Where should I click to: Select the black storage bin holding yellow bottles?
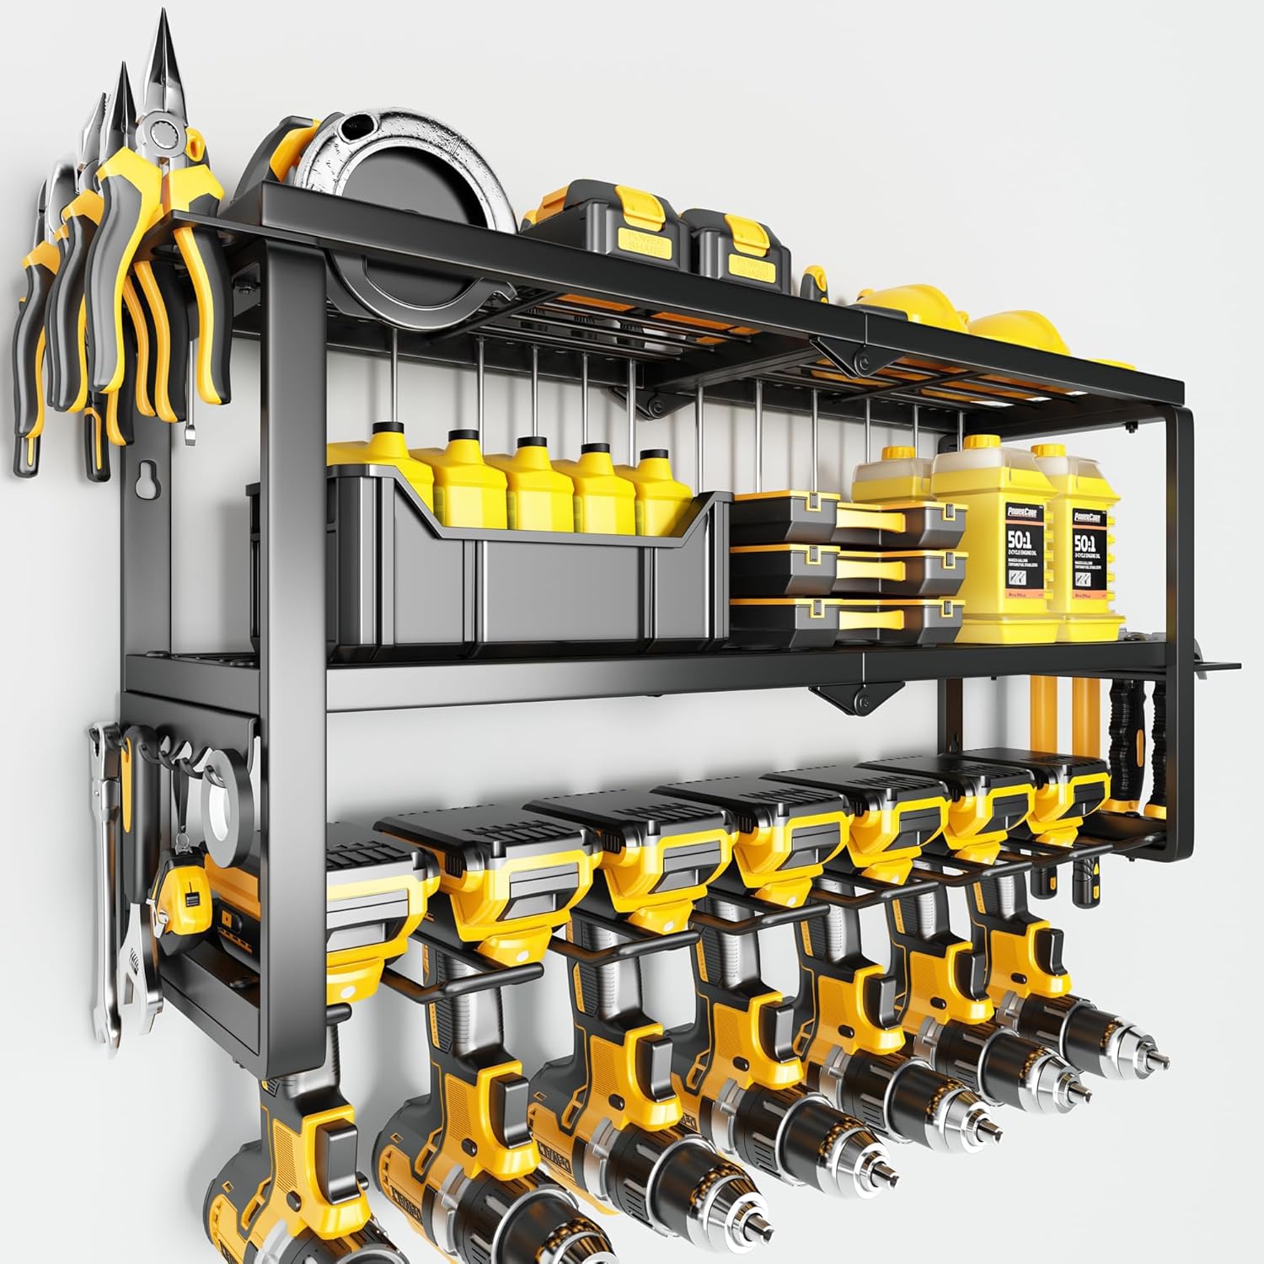[489, 581]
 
